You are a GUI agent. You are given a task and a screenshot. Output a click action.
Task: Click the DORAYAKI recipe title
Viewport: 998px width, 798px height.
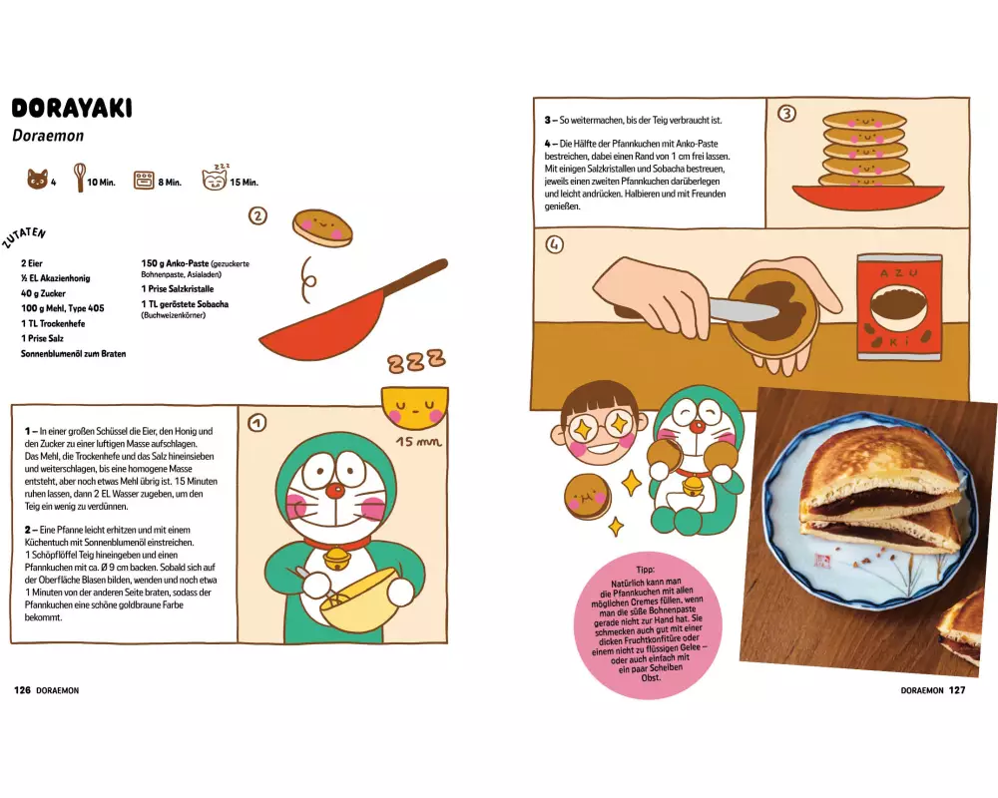pos(72,108)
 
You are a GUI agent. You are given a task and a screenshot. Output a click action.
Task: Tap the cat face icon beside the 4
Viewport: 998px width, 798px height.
pos(38,180)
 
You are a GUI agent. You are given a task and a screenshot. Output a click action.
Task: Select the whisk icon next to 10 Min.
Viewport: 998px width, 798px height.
pos(80,178)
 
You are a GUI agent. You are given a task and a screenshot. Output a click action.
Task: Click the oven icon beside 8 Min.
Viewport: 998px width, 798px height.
pos(144,181)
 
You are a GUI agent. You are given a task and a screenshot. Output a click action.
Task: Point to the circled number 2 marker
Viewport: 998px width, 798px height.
pos(257,216)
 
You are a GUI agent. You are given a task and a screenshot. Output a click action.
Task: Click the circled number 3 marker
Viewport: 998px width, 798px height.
pos(787,114)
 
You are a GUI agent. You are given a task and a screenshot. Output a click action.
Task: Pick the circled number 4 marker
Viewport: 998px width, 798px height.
pos(554,244)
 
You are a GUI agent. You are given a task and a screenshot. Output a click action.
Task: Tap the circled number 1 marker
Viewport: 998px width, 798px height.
pos(257,423)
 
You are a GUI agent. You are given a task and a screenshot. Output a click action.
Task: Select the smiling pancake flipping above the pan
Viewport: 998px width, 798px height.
pos(322,227)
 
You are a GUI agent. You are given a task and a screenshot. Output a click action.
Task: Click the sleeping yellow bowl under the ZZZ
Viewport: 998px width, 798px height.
pos(415,407)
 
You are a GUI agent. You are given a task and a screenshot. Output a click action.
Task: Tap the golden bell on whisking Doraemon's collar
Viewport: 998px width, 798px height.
pos(336,559)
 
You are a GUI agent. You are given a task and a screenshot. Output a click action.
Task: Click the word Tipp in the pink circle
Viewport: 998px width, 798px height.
pos(645,570)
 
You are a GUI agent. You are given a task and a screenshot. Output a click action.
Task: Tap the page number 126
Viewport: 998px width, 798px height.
pos(22,690)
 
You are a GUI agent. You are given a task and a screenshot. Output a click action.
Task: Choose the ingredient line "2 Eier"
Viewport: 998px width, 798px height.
pos(32,262)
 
